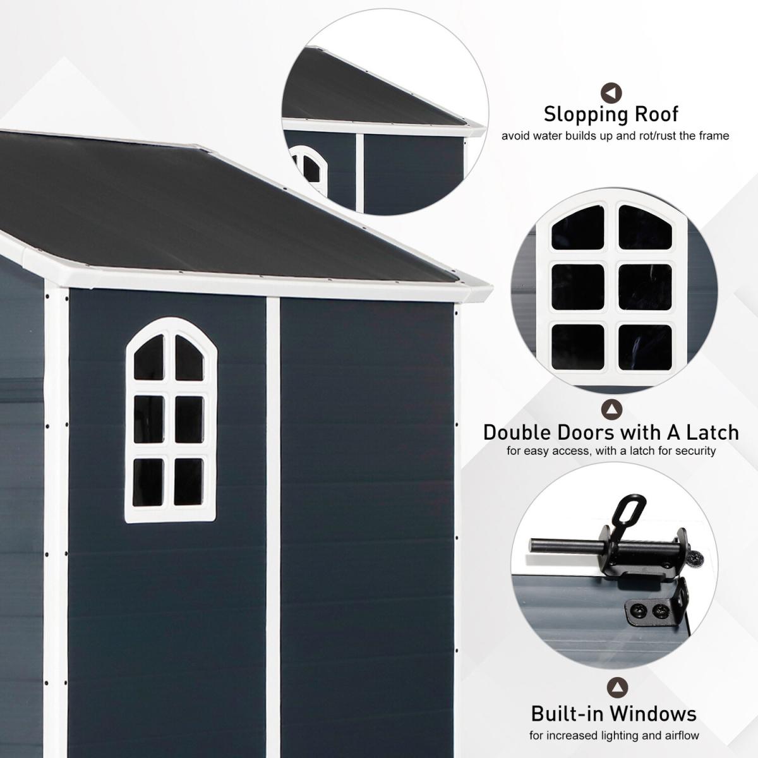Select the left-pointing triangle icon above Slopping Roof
click(x=611, y=93)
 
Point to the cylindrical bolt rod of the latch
click(x=567, y=546)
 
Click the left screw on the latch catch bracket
click(x=636, y=611)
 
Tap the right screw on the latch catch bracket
click(x=658, y=611)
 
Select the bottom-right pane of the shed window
click(x=188, y=482)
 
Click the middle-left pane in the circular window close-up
click(x=577, y=286)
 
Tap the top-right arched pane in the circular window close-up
click(x=645, y=227)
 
